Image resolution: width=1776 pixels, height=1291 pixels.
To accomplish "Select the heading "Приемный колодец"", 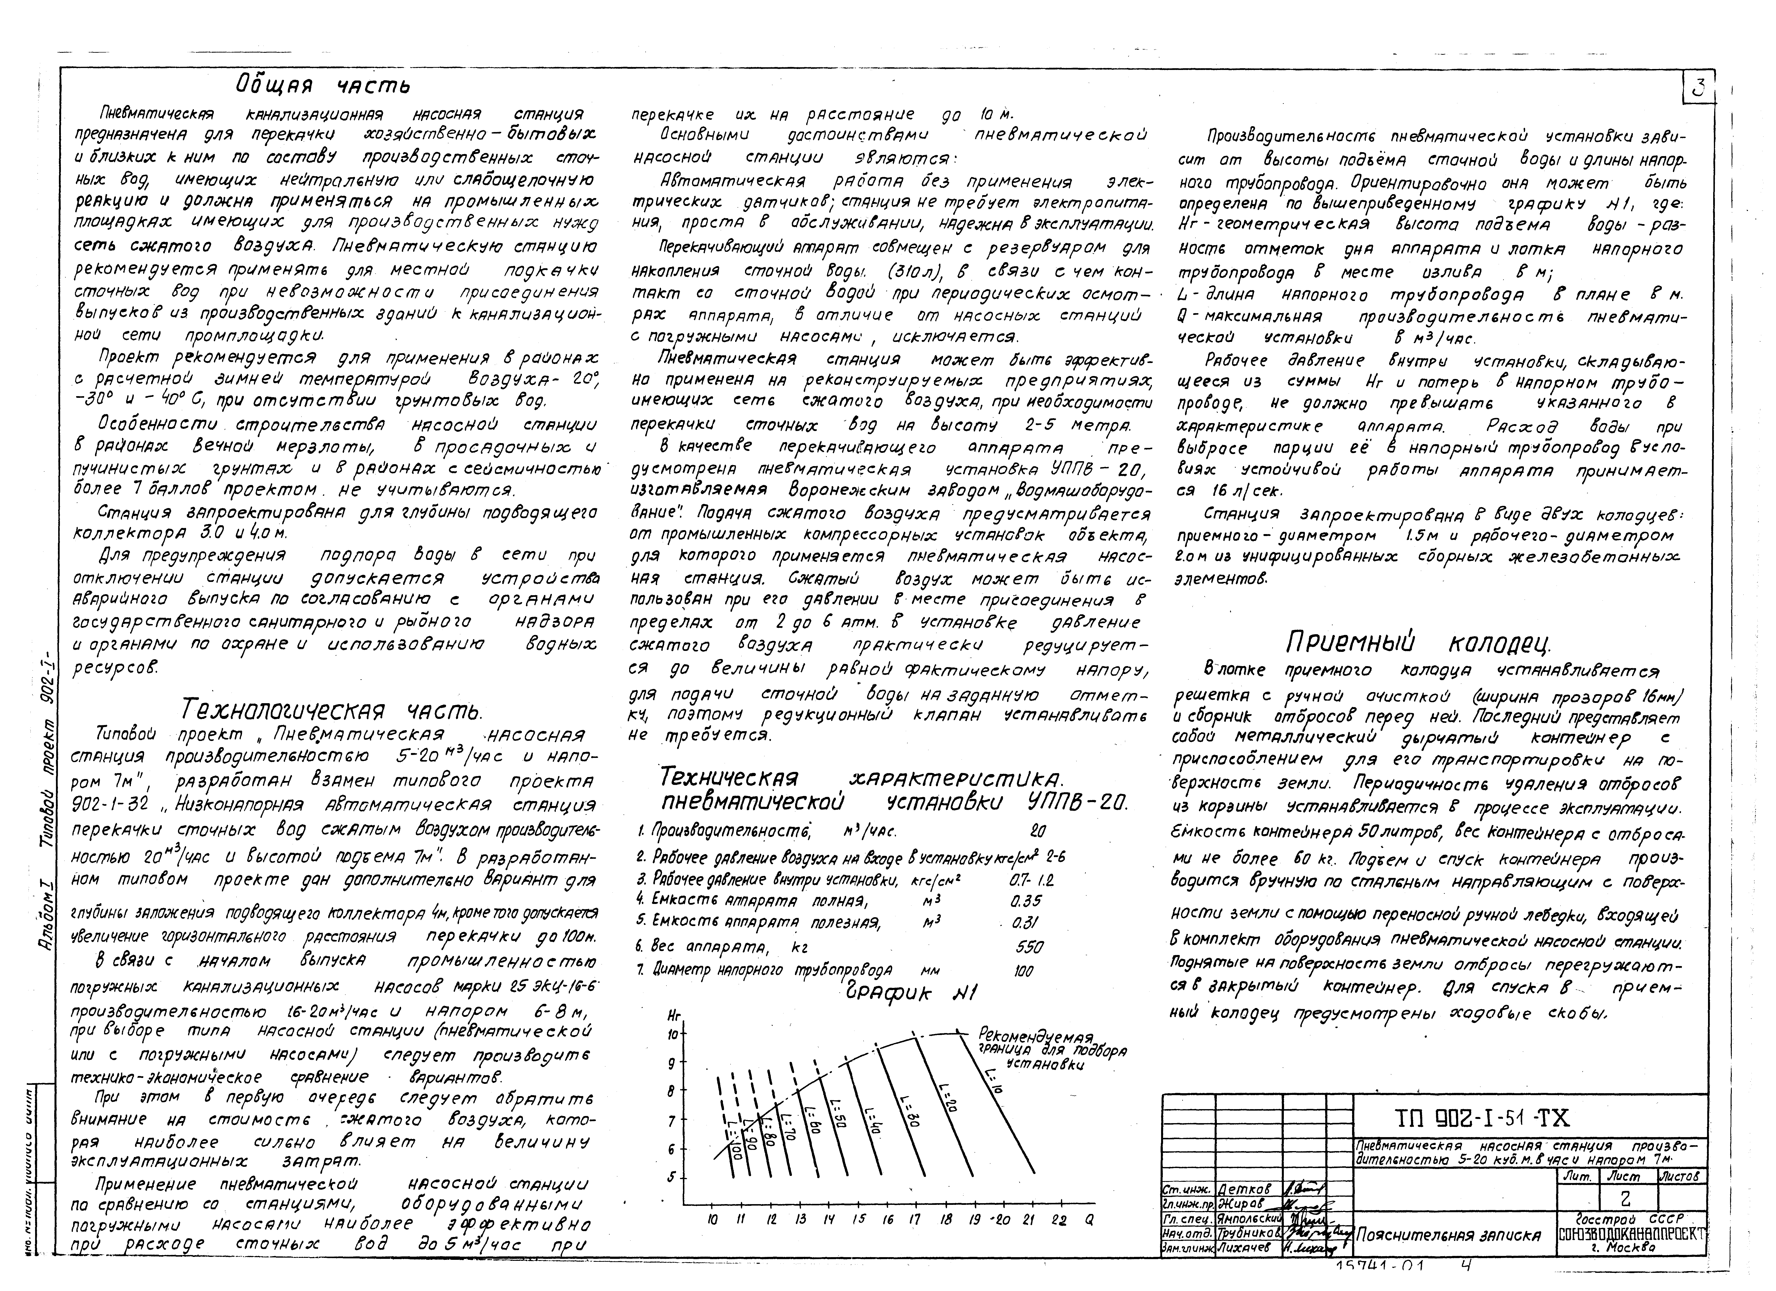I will (x=1417, y=643).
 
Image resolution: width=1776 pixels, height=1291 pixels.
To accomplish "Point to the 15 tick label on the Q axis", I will (x=859, y=1219).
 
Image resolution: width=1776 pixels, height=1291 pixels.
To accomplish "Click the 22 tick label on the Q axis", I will (x=1059, y=1219).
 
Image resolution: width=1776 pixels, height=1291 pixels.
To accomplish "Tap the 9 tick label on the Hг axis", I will (x=671, y=1063).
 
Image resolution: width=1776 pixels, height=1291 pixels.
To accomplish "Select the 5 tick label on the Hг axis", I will (x=671, y=1177).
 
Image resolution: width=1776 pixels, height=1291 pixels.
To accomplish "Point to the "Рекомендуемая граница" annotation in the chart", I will (x=1035, y=1049).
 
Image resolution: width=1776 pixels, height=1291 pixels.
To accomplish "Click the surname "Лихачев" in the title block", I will (x=1245, y=1248).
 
